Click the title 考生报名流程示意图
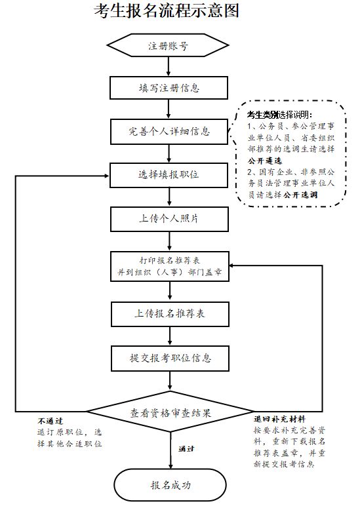(x=167, y=10)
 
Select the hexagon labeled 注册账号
(x=168, y=45)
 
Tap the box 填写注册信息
(x=169, y=88)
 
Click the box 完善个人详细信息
(x=169, y=132)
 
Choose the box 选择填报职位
(x=169, y=175)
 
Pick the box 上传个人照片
(x=169, y=219)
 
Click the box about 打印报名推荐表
(x=170, y=266)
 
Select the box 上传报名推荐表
(x=170, y=314)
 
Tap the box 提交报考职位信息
(x=170, y=359)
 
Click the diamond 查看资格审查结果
(x=170, y=412)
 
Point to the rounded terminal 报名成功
(x=170, y=485)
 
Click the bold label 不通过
(x=50, y=421)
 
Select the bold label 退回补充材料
(x=279, y=419)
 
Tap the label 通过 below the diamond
(x=186, y=449)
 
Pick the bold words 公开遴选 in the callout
(x=265, y=161)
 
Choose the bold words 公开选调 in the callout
(x=300, y=195)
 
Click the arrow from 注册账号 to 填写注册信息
(x=168, y=66)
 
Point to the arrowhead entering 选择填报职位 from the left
(x=107, y=176)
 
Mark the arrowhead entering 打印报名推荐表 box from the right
(x=233, y=266)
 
